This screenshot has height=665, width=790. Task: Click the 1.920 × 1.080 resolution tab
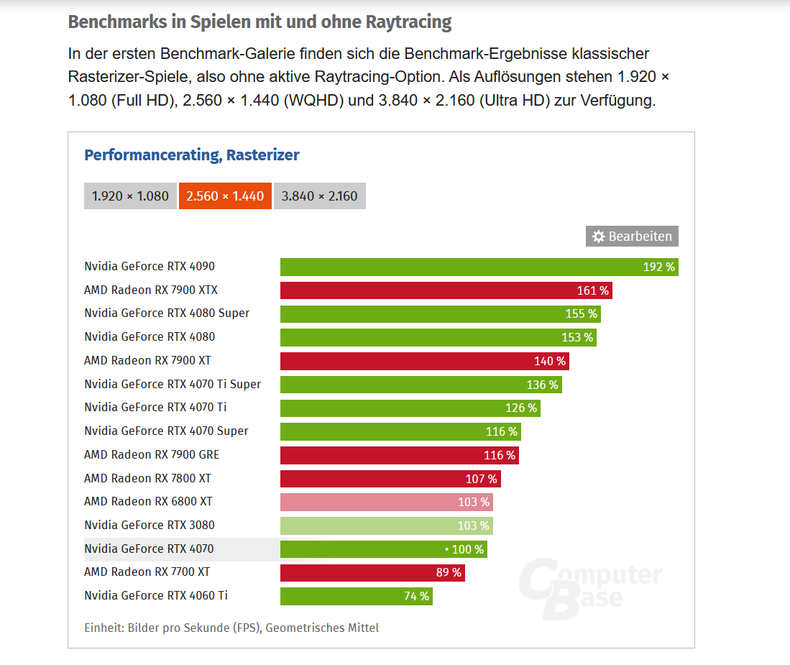[130, 196]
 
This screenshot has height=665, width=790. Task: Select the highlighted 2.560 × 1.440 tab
[225, 196]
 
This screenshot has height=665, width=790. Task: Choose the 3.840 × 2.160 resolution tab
[319, 196]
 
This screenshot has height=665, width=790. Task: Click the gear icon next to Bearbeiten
[598, 237]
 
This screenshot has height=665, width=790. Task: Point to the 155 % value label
[581, 314]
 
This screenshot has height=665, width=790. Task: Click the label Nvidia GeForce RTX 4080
[150, 337]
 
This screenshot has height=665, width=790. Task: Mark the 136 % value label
[542, 385]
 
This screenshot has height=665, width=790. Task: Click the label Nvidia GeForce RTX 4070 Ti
[155, 408]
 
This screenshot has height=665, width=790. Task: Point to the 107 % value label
[481, 479]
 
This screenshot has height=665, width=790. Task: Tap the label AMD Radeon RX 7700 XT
[147, 572]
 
